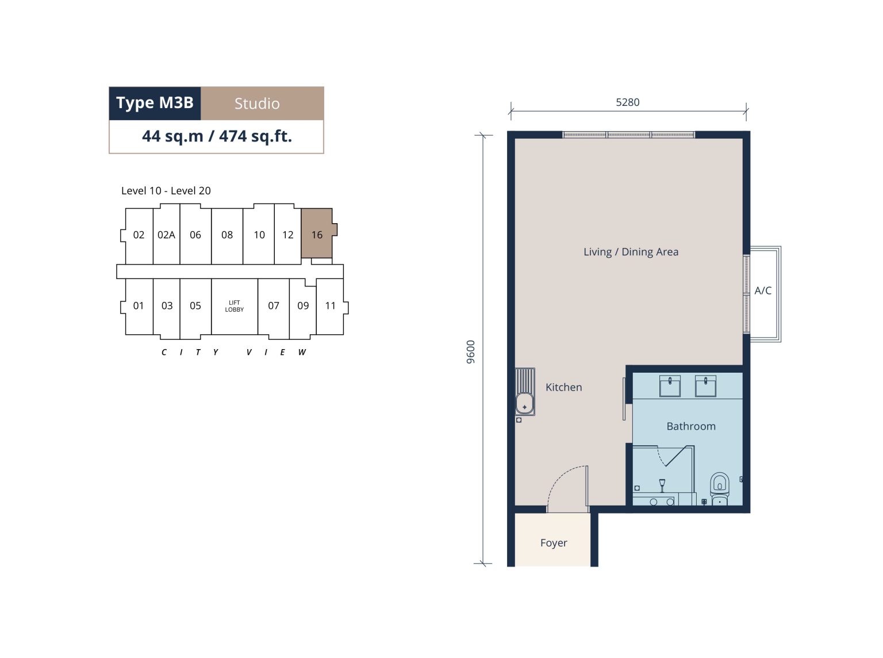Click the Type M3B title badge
click(155, 103)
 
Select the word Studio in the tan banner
click(257, 104)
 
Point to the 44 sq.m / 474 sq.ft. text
click(217, 136)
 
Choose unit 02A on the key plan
click(166, 235)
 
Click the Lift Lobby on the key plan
click(235, 306)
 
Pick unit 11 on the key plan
click(330, 305)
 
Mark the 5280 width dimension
click(628, 102)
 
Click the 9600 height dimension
click(471, 351)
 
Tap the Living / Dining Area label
click(631, 252)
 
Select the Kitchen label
click(564, 387)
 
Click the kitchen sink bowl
click(525, 404)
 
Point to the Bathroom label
click(691, 426)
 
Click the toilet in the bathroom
click(719, 488)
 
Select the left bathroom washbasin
click(670, 386)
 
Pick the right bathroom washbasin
click(705, 386)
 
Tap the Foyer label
click(554, 543)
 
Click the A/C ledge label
click(763, 290)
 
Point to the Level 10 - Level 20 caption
click(166, 191)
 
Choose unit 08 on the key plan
click(227, 235)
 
